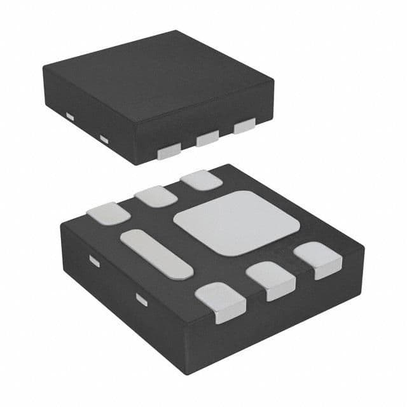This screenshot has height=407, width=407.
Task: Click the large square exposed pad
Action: [236, 223]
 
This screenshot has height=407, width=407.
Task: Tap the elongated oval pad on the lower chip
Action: [156, 254]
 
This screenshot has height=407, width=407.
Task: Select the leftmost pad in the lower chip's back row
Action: [109, 214]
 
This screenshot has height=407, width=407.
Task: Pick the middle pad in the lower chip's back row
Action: [156, 196]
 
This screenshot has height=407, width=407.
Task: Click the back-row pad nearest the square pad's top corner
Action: [201, 180]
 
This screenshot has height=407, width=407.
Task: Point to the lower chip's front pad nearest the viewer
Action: [221, 301]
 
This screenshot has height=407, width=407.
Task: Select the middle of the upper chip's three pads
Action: [207, 138]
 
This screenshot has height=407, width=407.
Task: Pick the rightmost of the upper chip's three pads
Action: [244, 127]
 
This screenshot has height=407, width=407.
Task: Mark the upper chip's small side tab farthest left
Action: [71, 116]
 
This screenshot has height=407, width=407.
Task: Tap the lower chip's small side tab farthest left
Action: [94, 261]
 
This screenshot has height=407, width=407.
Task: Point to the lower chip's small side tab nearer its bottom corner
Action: [142, 300]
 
